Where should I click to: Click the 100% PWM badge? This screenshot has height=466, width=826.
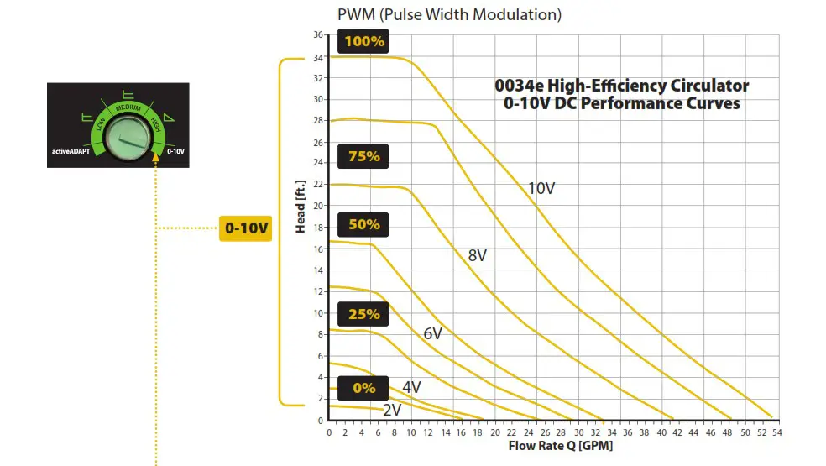coord(363,41)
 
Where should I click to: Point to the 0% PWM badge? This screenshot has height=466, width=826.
coord(363,388)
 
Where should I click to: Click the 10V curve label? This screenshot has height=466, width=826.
coord(541,188)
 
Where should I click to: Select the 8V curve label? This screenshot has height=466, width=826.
coord(478,256)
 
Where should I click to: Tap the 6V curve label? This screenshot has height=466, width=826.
coord(432,333)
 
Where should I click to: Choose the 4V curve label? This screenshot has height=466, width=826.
coord(411,387)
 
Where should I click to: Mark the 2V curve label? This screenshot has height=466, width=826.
coord(392,410)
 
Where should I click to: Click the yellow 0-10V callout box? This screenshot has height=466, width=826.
coord(246,228)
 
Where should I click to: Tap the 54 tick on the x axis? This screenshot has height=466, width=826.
coord(777,432)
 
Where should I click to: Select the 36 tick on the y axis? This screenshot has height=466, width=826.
coord(318,35)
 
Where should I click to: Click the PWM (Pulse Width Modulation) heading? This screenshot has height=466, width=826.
coord(449,14)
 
